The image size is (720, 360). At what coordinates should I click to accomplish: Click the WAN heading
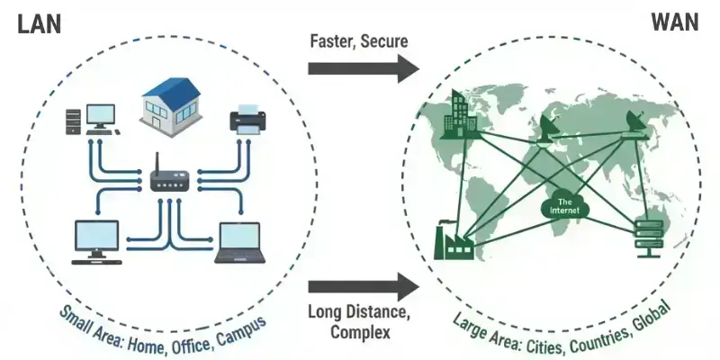tap(675, 22)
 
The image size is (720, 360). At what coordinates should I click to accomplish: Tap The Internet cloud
tap(566, 205)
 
